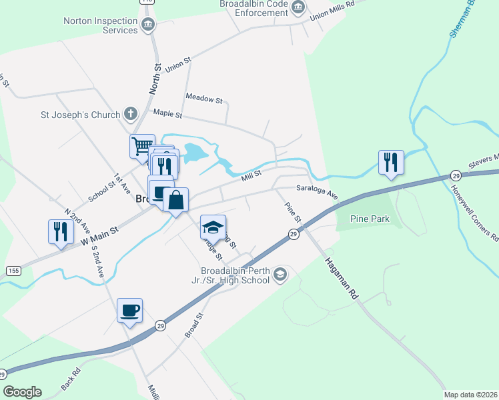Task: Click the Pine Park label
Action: coord(369,219)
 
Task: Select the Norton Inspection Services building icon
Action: coord(148,25)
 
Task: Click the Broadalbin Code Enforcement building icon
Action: coord(298,8)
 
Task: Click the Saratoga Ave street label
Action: coord(318,192)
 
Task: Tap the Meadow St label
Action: coord(204,99)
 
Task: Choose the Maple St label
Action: coord(167,114)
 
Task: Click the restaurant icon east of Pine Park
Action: coord(390,162)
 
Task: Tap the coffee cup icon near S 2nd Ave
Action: coord(129,310)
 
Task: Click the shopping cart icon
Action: coord(141,146)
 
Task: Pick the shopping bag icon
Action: coord(175,199)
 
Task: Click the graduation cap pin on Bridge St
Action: coord(213,227)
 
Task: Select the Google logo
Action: coord(23,392)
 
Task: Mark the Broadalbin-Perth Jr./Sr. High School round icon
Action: coord(280,273)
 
